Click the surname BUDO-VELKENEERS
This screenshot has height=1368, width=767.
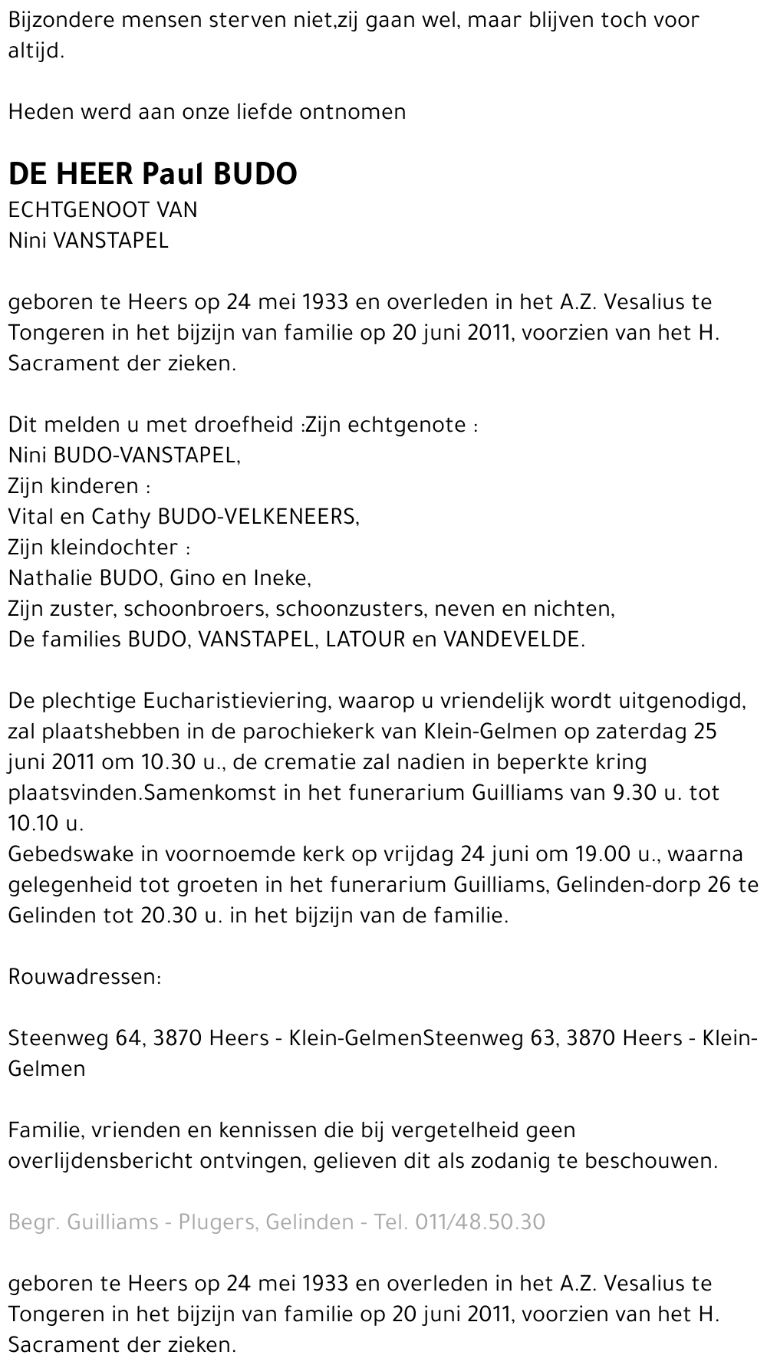[x=258, y=517]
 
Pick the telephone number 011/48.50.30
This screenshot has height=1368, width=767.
[x=480, y=1222]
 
